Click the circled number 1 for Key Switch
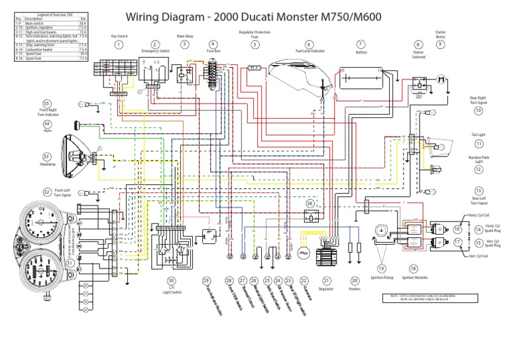(119, 44)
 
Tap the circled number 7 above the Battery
(361, 44)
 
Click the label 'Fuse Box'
(213, 50)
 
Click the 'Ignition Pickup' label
(382, 286)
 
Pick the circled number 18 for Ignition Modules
(414, 269)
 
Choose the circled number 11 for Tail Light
(479, 143)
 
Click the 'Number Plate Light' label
(479, 160)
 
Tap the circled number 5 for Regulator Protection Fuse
(254, 44)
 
